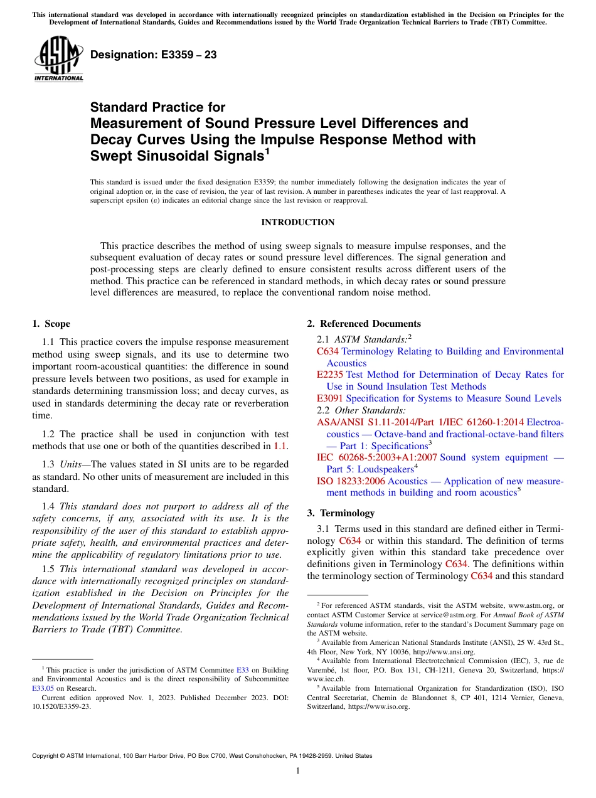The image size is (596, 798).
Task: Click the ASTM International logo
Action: (x=59, y=60)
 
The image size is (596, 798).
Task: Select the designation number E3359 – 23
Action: (x=153, y=55)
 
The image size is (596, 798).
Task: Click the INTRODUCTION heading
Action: (x=297, y=222)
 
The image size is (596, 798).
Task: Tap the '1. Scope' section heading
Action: (x=51, y=324)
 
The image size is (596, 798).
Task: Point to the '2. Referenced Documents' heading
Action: (x=364, y=324)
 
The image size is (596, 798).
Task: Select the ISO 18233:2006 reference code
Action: (x=351, y=481)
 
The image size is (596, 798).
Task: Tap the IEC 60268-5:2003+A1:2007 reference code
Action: (x=377, y=457)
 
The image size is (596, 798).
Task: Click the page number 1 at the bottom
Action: (x=298, y=770)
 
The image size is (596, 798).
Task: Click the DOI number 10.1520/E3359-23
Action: (x=61, y=706)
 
